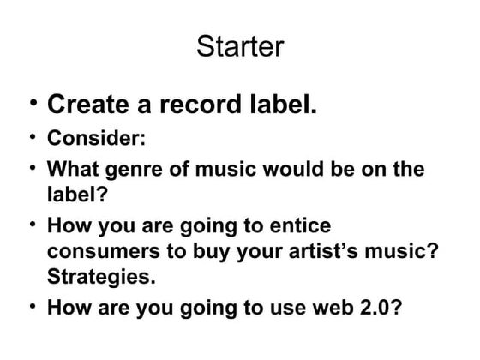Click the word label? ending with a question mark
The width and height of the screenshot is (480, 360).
coord(76,193)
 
